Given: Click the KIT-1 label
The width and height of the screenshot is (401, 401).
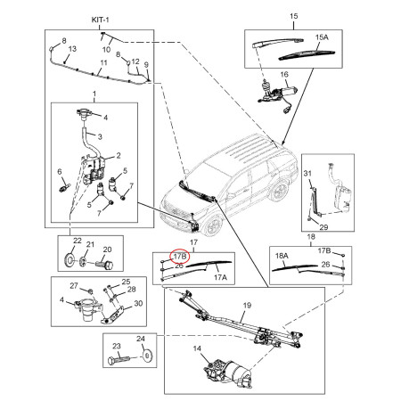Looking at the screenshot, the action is click(x=100, y=20).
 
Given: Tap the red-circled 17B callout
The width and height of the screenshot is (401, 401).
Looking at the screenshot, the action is click(x=180, y=256).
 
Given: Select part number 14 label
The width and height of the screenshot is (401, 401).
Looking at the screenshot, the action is click(x=197, y=348).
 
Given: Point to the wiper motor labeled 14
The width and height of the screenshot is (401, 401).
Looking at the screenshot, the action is click(x=229, y=372).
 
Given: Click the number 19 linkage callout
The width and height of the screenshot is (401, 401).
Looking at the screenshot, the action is click(x=247, y=305).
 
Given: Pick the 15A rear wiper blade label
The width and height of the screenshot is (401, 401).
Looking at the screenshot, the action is click(x=322, y=37).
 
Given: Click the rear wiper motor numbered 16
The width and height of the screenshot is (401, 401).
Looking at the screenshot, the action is click(x=276, y=93).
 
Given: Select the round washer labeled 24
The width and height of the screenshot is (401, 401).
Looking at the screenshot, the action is click(x=147, y=356).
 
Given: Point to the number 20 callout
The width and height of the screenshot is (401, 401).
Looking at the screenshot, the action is click(x=107, y=250).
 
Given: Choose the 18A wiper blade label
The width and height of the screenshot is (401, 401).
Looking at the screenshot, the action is click(x=282, y=256).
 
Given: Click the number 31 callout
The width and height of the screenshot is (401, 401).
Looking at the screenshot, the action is click(x=307, y=173).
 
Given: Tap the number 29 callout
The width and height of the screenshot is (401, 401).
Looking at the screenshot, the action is click(x=323, y=227).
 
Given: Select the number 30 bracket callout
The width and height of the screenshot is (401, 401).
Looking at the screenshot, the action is click(x=138, y=303).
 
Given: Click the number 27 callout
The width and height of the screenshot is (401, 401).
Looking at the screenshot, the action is click(x=74, y=285).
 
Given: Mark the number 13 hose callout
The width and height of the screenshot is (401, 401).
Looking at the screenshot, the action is click(x=72, y=49).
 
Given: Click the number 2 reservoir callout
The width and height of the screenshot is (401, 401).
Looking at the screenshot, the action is click(x=119, y=155).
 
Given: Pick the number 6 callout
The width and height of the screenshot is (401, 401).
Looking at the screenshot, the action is click(x=60, y=171).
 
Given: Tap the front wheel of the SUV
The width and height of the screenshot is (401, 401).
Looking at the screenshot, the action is click(x=214, y=226).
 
